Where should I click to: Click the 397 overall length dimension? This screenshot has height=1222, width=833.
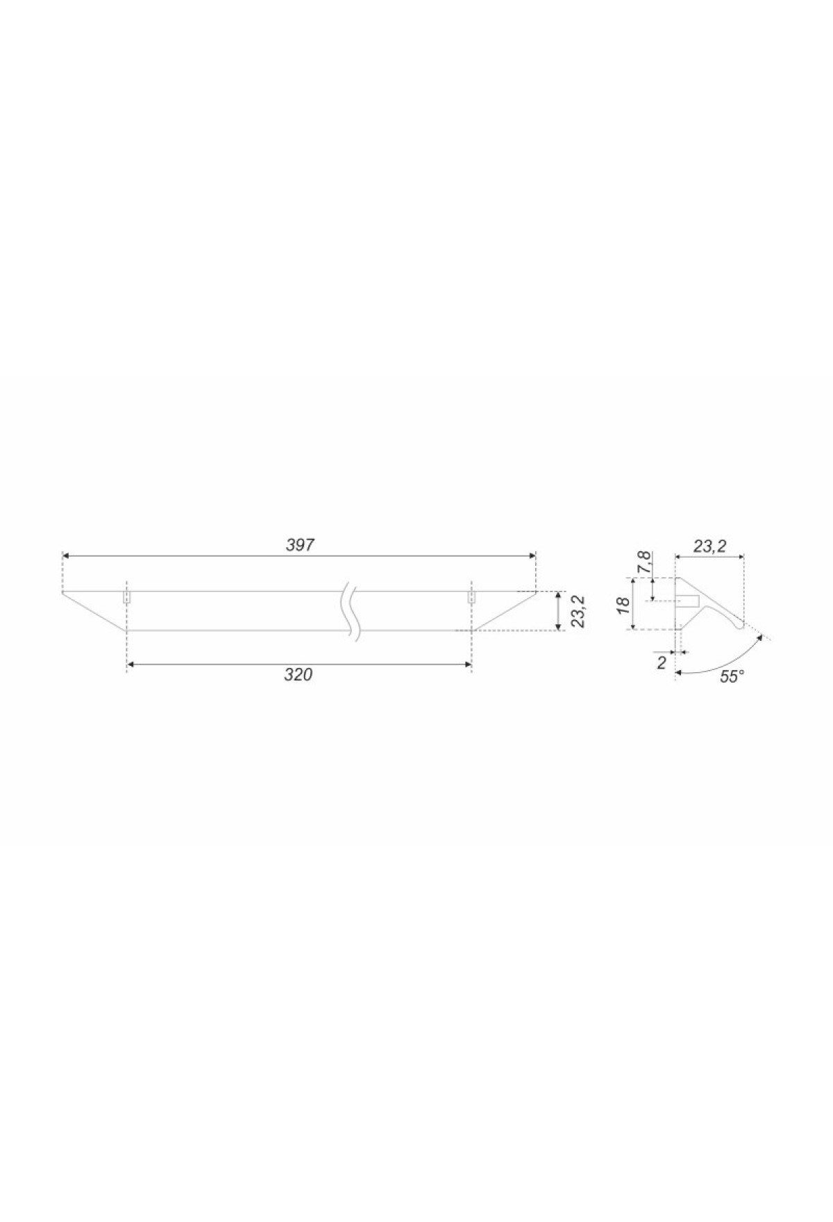[300, 545]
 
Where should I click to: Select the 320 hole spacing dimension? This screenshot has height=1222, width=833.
[298, 675]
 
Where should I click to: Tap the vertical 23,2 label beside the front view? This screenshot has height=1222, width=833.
[578, 611]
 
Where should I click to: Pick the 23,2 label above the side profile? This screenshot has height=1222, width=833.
[709, 547]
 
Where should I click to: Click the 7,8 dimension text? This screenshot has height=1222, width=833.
[645, 562]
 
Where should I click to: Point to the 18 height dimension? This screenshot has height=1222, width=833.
[624, 603]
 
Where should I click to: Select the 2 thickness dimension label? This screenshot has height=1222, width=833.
[662, 663]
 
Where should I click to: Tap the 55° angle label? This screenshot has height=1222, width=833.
[732, 676]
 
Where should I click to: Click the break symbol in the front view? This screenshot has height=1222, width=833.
[351, 612]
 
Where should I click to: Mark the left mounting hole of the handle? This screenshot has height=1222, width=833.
[127, 597]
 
